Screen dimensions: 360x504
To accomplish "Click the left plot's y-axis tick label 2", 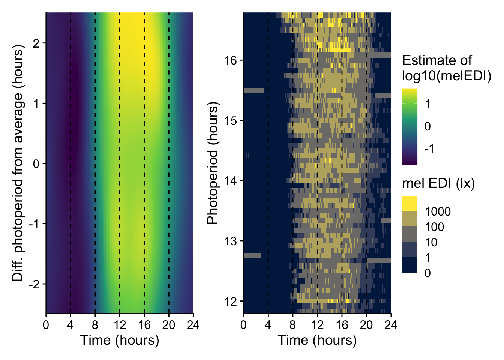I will (x=36, y=43).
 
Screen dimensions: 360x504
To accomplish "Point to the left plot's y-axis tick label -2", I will (x=34, y=284).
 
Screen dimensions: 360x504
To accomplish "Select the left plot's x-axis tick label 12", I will (x=120, y=325).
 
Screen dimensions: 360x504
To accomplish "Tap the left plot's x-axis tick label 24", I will (x=193, y=325).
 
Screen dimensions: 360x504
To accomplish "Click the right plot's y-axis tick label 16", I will (x=231, y=60).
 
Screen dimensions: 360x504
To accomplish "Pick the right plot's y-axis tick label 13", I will (x=231, y=241).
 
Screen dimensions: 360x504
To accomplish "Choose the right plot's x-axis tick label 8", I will (x=292, y=325).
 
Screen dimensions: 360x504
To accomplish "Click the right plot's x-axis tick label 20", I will (x=366, y=325).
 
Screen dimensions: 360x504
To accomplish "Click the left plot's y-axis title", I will (x=18, y=163).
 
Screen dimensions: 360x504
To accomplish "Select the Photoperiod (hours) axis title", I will (x=213, y=163).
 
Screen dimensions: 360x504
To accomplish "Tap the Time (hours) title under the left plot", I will (x=120, y=340).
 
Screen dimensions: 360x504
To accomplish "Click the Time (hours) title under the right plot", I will (x=317, y=340).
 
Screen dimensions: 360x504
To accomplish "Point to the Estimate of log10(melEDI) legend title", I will (x=446, y=68).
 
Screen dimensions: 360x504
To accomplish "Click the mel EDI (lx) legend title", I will (x=438, y=183).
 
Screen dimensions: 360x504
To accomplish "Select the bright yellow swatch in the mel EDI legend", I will (x=409, y=204).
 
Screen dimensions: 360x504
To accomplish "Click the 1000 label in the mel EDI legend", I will (x=438, y=212).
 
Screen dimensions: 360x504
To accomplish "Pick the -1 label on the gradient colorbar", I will (x=429, y=149).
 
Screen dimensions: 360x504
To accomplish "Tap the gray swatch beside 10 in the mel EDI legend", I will (x=409, y=234).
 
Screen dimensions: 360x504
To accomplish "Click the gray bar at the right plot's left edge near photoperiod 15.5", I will (x=254, y=90).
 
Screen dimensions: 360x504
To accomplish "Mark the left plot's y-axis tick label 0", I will (x=36, y=163).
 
